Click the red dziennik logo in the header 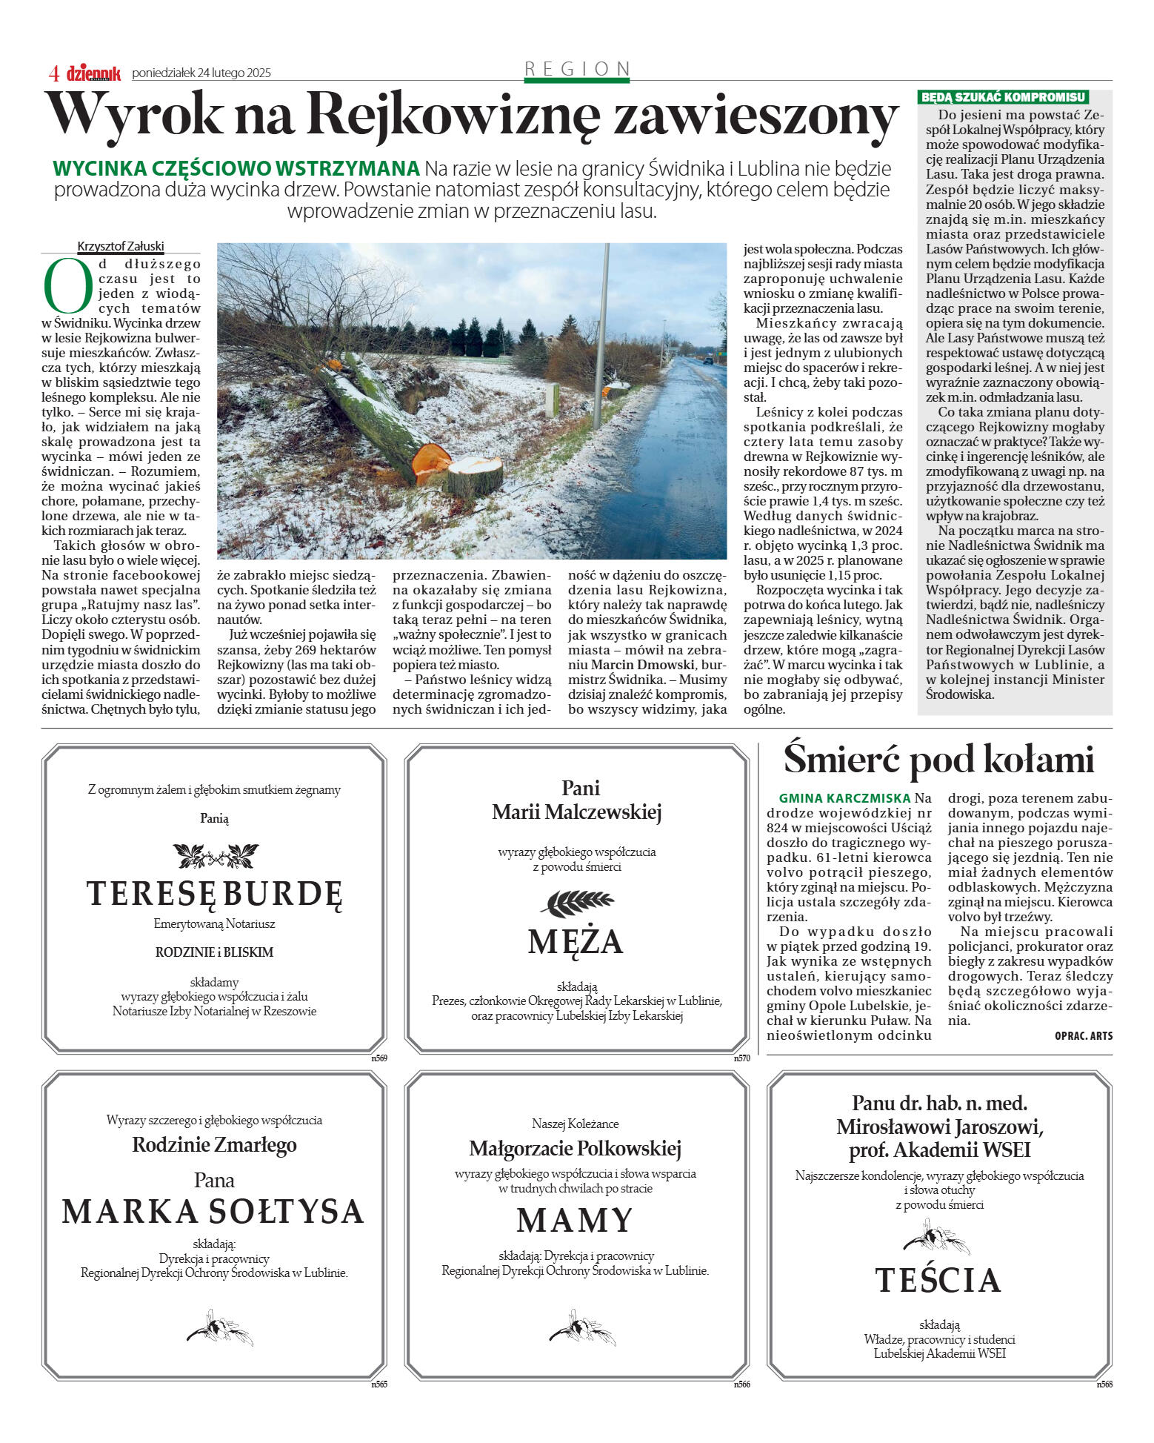coord(93,73)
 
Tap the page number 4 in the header coord(53,73)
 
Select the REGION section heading coord(577,69)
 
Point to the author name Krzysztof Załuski coord(121,247)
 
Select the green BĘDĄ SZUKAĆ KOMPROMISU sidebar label coord(1004,97)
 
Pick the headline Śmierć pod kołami coord(938,758)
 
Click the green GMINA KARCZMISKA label coord(844,798)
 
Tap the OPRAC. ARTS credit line coord(1084,1035)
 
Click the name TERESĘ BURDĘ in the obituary coord(215,893)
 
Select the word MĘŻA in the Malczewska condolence coord(576,941)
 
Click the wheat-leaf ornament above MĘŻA coord(577,902)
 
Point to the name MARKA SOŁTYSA coord(213,1211)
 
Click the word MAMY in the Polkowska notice coord(575,1220)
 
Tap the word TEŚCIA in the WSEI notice coord(938,1280)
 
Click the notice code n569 coord(379,1058)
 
